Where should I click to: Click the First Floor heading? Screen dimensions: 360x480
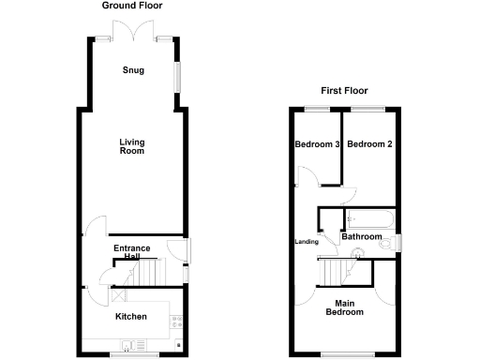[x=344, y=91]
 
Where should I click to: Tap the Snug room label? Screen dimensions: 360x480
[x=132, y=70]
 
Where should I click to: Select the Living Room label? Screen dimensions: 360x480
[x=132, y=146]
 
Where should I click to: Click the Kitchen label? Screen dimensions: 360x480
[x=131, y=317]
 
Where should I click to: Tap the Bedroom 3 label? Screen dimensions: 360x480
[x=316, y=144]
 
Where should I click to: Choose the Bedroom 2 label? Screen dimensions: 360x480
[x=368, y=144]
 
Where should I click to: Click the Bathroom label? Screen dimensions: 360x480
[x=362, y=237]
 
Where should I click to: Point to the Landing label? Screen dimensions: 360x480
[x=307, y=242]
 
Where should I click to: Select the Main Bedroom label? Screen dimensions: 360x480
[x=344, y=307]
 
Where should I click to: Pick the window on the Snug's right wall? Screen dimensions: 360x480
[x=175, y=77]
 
